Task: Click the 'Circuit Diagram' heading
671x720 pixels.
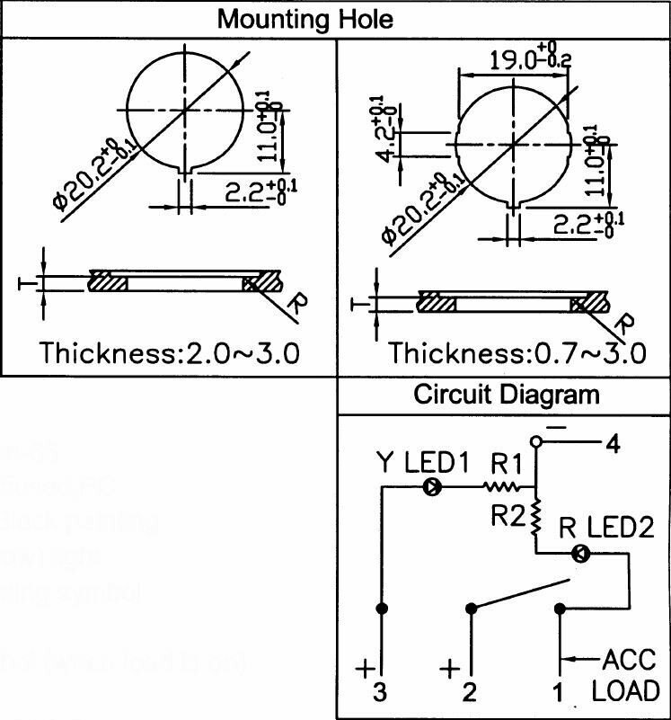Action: click(x=506, y=395)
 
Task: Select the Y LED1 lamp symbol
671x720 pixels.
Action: click(x=432, y=488)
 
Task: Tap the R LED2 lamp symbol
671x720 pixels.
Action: click(x=581, y=555)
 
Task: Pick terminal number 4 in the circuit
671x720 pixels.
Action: click(x=613, y=444)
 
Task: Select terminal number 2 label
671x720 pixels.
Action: click(x=468, y=692)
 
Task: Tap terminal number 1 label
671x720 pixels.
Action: click(x=557, y=692)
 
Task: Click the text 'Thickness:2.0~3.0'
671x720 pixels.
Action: click(x=170, y=352)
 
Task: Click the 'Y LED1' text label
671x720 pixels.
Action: click(x=422, y=465)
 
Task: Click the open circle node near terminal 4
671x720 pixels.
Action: click(x=536, y=442)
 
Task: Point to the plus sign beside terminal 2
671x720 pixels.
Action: click(x=449, y=670)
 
